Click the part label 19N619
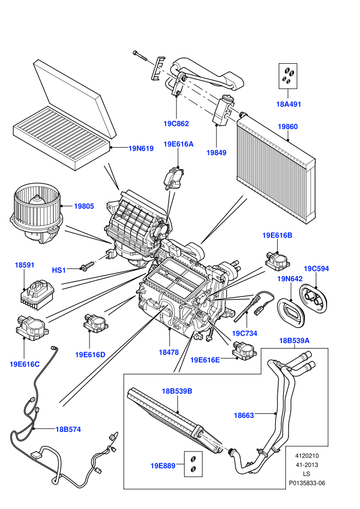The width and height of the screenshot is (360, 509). point(141,149)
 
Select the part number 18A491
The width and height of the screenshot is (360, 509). point(289,104)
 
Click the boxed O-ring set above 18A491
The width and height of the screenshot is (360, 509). point(288,76)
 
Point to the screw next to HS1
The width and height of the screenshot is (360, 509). point(87,266)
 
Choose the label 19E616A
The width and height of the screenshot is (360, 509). point(178,144)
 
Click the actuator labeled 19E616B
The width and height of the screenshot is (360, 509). point(278,259)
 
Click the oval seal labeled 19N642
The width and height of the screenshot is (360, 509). point(291,311)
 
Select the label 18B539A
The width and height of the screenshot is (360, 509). point(294,340)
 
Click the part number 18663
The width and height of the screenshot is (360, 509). point(244,415)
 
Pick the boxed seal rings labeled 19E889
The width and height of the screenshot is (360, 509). point(193,464)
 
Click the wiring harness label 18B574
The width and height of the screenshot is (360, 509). point(68,429)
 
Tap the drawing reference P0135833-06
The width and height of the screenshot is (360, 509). point(307,483)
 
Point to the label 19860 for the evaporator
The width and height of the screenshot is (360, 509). point(287,126)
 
